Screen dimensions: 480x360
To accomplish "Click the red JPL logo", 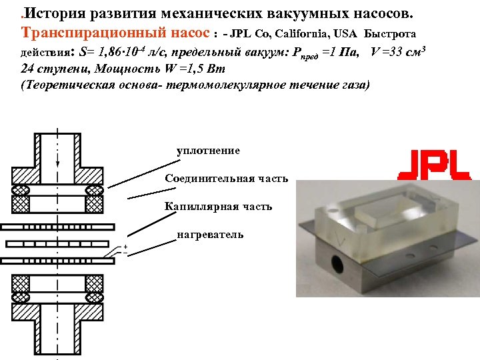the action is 434,165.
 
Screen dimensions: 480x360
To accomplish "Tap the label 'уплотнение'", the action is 208,151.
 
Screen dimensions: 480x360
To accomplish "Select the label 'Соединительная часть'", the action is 227,179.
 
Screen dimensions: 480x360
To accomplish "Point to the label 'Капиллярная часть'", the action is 219,207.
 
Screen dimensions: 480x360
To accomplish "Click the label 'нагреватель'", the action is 210,234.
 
